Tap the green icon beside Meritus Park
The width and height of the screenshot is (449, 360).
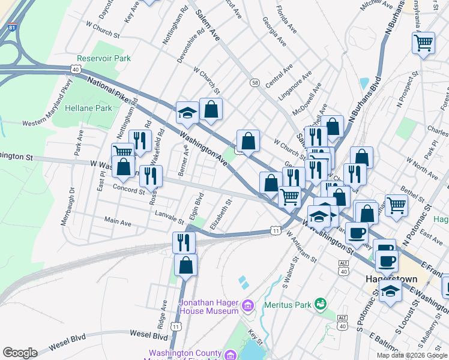322,304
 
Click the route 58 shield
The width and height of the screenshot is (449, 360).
255,82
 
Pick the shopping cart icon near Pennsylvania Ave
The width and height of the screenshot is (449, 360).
424,43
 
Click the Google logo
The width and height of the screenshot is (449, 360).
20,353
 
